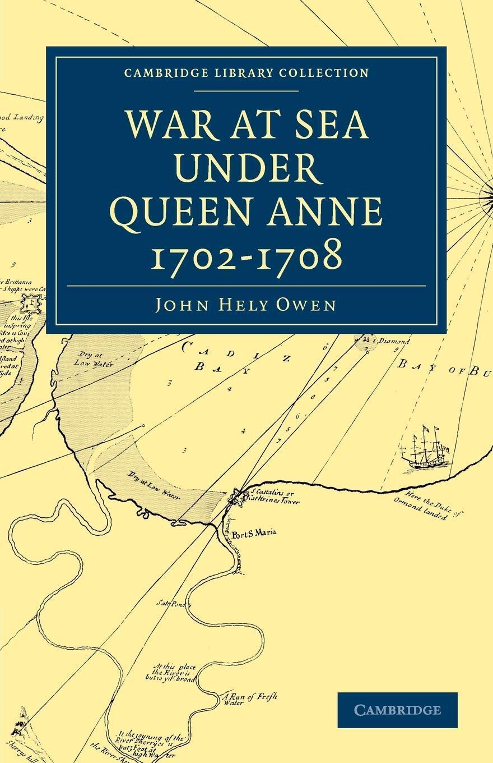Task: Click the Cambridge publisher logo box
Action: click(x=397, y=710)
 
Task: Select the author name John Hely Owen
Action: click(x=246, y=305)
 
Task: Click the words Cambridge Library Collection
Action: click(x=246, y=73)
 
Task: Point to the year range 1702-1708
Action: click(x=246, y=255)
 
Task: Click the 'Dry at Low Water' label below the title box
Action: click(x=94, y=360)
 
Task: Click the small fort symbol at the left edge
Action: click(x=30, y=304)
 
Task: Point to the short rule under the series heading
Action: click(x=246, y=90)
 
